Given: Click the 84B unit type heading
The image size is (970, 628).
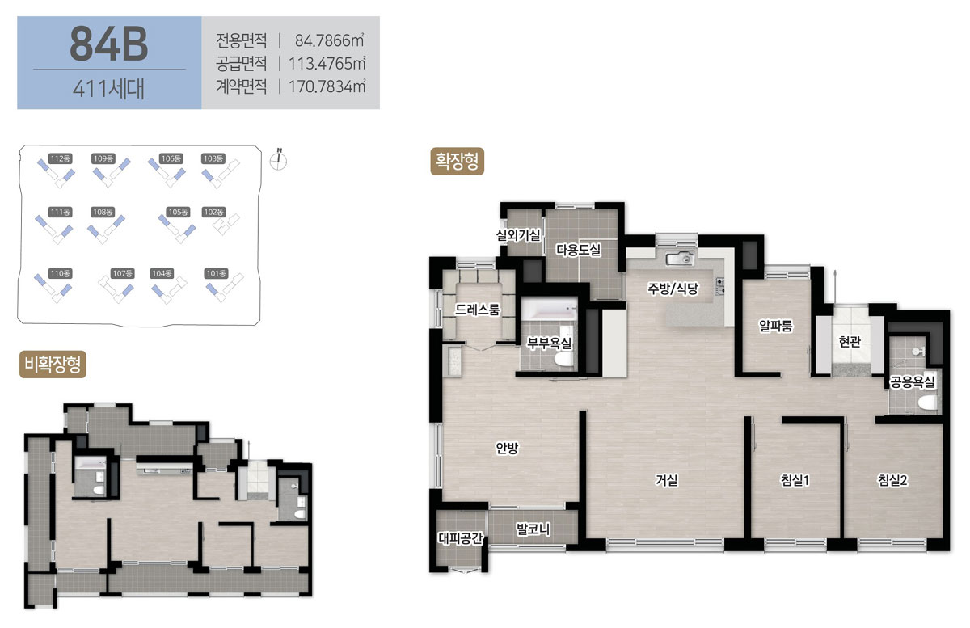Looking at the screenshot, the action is pos(108,44).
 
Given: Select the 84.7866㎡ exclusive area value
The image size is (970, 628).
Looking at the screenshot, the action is pos(329,40).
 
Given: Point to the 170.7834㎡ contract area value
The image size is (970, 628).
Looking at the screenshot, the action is pos(327,86).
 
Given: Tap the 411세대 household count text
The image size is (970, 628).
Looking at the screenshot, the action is pos(108,89).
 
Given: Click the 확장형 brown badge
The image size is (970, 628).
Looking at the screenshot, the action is pos(457,161).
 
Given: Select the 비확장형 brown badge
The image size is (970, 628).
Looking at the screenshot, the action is pos(53,364).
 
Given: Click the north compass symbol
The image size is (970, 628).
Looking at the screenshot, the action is pos(278,159).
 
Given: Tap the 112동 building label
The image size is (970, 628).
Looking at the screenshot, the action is pos(60,158).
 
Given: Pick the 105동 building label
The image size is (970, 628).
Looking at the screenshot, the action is pos(178,212).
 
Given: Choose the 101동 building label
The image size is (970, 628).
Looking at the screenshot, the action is pos(216,273).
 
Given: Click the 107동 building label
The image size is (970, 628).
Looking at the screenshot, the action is pos(122,273).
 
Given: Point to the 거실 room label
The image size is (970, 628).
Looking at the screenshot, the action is pos(666,480).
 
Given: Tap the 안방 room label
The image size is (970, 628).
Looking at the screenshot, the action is pos(507,448).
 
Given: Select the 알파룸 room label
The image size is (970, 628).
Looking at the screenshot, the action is pos(775,326).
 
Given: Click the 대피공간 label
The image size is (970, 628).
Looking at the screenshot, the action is pos(460,538).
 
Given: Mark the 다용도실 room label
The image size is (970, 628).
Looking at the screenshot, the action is pos(579,250).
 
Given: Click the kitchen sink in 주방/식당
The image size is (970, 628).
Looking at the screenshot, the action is pos(680,259).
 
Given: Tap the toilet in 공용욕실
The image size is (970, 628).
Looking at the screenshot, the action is pos(927,403).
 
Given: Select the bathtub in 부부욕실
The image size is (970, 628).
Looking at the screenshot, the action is pos(549,310).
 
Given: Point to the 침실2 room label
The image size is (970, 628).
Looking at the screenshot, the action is pos(892,480).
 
